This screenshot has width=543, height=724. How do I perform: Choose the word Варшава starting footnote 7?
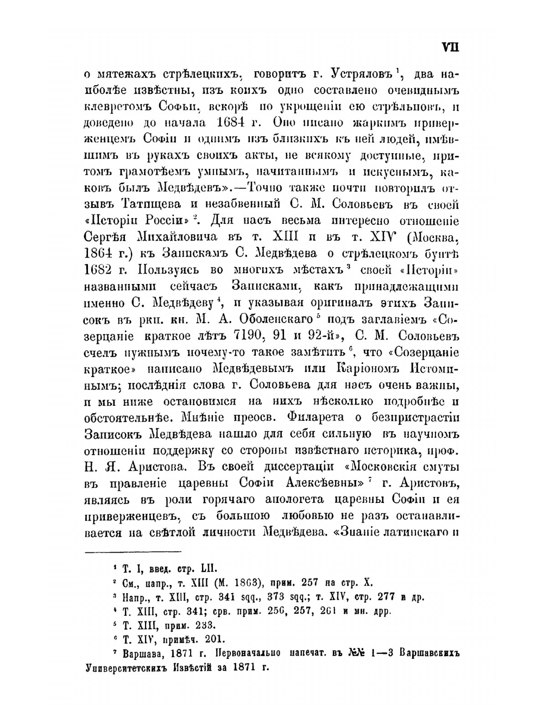[x=147, y=653]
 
